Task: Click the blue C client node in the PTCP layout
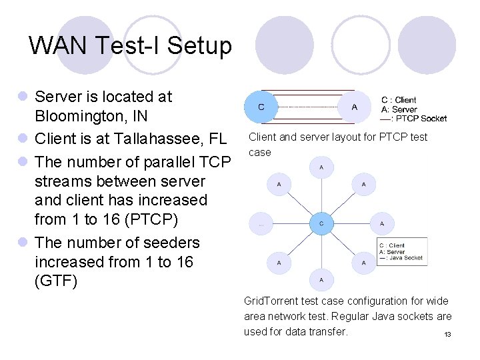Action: coord(261,107)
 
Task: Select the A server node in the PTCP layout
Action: coord(353,107)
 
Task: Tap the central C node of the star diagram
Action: coord(321,223)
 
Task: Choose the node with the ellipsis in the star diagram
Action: coord(261,224)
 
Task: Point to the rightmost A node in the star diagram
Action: coord(381,224)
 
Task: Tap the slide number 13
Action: coord(448,334)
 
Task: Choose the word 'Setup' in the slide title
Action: coord(199,46)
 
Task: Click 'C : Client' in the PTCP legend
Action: coord(399,100)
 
